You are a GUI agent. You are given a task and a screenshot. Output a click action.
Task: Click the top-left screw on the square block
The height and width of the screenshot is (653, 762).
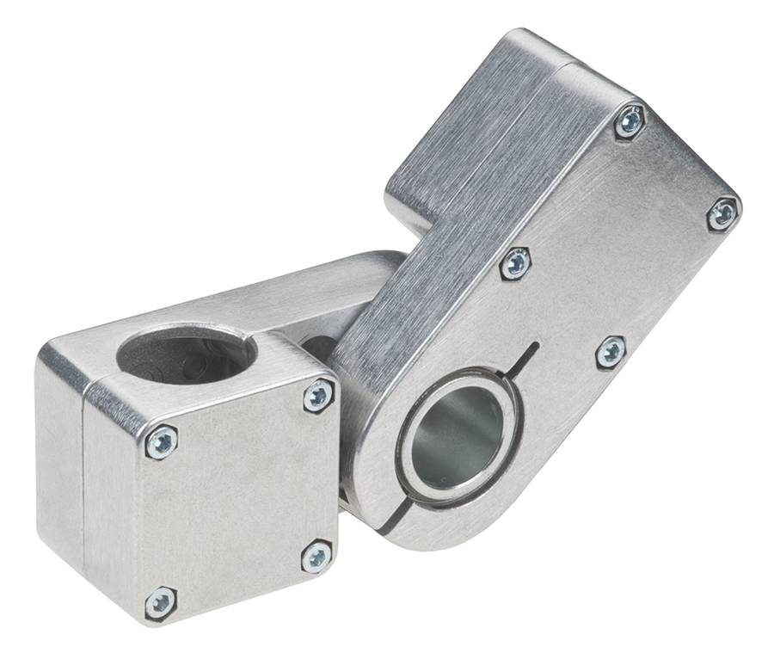click(162, 442)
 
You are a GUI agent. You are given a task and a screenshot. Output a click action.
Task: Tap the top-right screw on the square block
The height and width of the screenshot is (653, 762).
click(318, 395)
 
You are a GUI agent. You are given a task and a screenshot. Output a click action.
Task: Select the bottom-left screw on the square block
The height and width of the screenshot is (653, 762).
click(161, 602)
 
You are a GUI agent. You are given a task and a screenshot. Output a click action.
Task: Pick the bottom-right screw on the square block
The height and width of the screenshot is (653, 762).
click(316, 557)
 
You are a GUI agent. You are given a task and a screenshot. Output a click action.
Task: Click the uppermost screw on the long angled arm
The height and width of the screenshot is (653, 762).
click(630, 122)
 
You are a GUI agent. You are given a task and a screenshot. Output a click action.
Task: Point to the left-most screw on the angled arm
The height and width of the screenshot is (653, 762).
click(515, 263)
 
